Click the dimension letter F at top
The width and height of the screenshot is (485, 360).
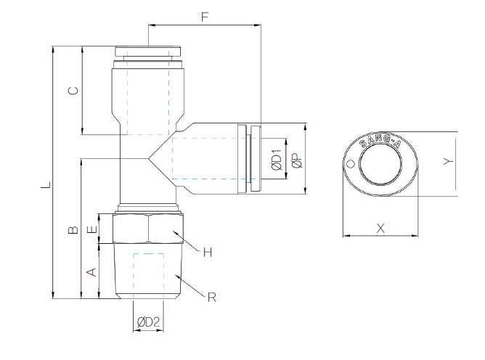pyautogui.click(x=205, y=16)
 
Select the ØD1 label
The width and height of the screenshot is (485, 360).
pyautogui.click(x=276, y=160)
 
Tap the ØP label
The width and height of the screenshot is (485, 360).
pyautogui.click(x=296, y=161)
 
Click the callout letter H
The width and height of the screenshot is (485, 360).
pyautogui.click(x=207, y=252)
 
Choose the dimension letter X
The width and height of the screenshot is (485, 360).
pyautogui.click(x=380, y=228)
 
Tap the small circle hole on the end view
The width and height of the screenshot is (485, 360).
pyautogui.click(x=351, y=163)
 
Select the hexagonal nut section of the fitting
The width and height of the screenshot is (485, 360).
pyautogui.click(x=147, y=229)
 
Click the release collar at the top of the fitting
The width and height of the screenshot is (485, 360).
pyautogui.click(x=147, y=52)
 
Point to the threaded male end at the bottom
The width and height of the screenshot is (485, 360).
pyautogui.click(x=147, y=272)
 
